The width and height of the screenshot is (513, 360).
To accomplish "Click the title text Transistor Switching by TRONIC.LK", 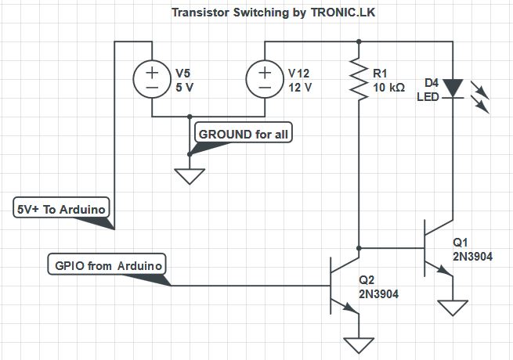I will pos(255,13).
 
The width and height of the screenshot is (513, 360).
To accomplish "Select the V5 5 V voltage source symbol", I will pos(151,79).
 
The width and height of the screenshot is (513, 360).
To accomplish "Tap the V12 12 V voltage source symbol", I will pos(265,79).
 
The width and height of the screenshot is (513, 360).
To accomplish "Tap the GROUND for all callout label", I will pos(244,134).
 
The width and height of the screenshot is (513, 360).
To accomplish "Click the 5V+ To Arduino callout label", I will pos(62,209).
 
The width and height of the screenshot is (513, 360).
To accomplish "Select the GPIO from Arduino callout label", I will pos(108,265).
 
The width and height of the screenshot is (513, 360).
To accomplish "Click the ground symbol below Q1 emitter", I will pos(452,305).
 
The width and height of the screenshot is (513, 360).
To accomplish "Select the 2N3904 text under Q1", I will pos(472,255).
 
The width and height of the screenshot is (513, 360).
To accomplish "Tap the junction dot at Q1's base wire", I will pos(359,248).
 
